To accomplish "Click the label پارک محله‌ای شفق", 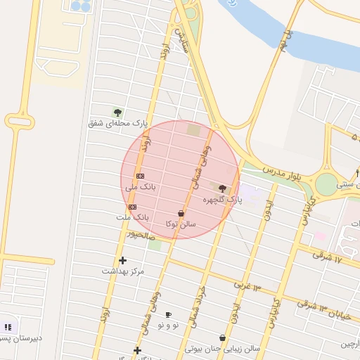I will (x=117, y=123).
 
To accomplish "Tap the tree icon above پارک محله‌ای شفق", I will (x=117, y=112).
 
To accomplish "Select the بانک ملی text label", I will (x=141, y=187).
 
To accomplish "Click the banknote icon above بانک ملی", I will (x=141, y=176).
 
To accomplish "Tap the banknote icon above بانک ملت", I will (x=133, y=207).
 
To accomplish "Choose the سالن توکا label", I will (x=181, y=224).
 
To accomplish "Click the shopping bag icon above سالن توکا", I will (x=181, y=213).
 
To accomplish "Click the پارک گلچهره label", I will (x=222, y=200).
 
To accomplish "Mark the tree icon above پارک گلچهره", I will (x=223, y=188).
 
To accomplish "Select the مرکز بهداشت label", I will (x=122, y=271).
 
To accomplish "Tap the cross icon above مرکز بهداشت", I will (x=122, y=260).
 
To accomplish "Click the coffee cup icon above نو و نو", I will (x=167, y=314).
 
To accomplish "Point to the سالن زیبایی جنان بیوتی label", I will (x=222, y=349).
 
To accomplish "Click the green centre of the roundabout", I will (x=326, y=184).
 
